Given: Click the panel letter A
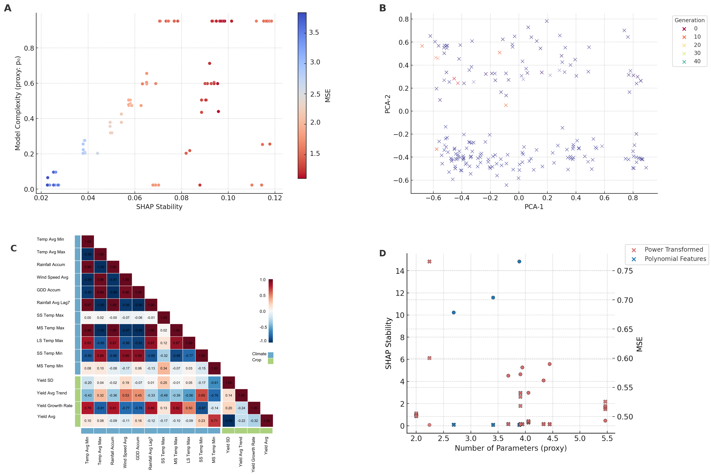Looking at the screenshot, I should pos(8,8).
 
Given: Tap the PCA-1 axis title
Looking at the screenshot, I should pos(534,207).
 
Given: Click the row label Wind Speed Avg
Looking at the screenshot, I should pos(52,277).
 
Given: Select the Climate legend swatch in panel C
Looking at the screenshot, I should pos(270,355).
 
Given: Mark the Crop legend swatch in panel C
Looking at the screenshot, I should pos(270,361).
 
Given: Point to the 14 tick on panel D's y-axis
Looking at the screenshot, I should pos(400,271).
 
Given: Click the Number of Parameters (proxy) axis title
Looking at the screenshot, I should pos(511,448).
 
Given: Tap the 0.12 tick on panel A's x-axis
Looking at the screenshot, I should pos(275,198).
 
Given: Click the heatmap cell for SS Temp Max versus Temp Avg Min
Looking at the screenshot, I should pos(88,318).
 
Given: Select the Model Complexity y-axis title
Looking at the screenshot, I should pos(18,103).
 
